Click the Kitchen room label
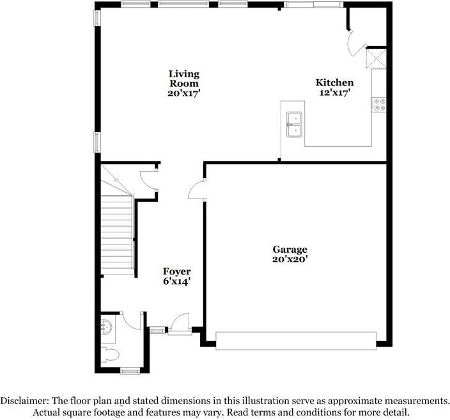[334, 82]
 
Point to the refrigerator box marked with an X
[374, 59]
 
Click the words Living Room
[183, 78]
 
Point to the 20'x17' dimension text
[183, 93]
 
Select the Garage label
[290, 249]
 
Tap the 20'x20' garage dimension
[290, 259]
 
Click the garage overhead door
[295, 340]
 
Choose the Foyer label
[176, 271]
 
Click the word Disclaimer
[24, 400]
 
